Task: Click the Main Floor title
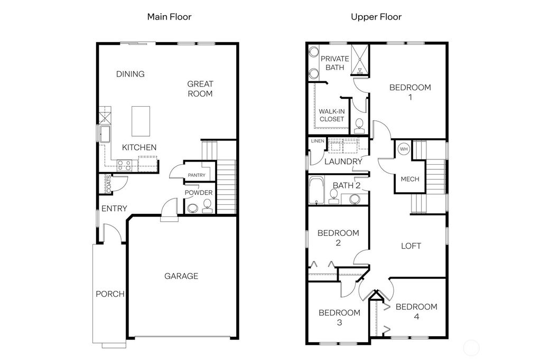coord(169,17)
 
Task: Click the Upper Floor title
coord(376,17)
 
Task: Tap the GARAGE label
coord(181,276)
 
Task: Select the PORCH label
coord(110,294)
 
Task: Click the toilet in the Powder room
coord(207,205)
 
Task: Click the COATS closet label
coord(108,183)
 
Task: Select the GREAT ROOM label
coord(200,89)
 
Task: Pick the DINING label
coord(130,74)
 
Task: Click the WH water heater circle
coord(404,149)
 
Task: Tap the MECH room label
coord(410,179)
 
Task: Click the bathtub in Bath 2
coord(316,191)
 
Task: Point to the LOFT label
coord(411,245)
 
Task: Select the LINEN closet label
coord(318,141)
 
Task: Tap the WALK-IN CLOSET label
coord(331,115)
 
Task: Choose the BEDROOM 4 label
coord(416,311)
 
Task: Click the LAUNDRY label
coord(343,162)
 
